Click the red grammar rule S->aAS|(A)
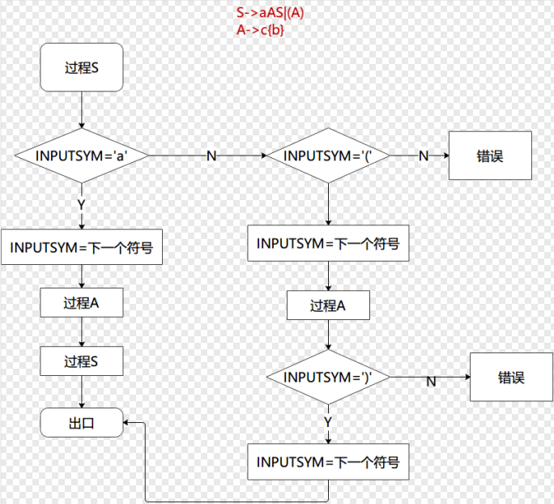point(271,14)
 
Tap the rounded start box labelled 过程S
point(81,68)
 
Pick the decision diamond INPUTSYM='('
point(327,155)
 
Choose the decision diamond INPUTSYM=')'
point(327,378)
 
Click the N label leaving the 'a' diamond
point(211,156)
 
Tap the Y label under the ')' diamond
point(328,422)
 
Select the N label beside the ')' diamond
point(431,382)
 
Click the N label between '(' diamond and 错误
point(423,156)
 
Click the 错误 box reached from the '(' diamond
point(491,156)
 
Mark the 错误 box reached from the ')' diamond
point(511,378)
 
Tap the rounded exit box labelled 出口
point(81,422)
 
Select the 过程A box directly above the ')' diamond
point(328,306)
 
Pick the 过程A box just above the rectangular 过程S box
point(81,303)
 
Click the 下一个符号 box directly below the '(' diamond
point(328,243)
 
